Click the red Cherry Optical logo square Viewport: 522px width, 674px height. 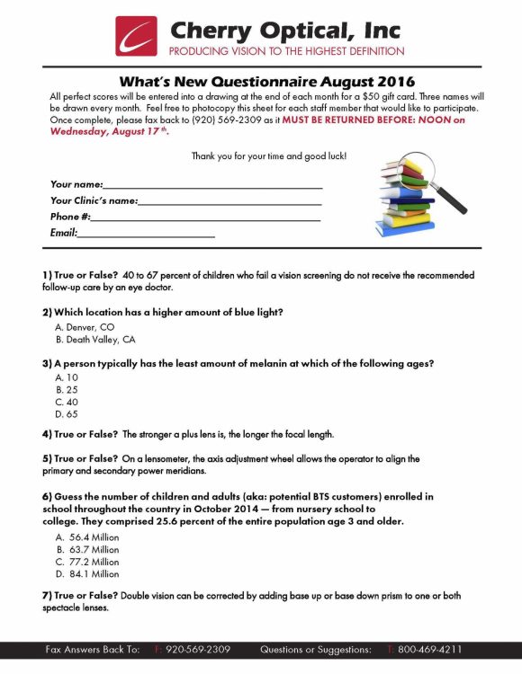click(x=136, y=36)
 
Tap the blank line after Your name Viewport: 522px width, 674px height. click(x=212, y=187)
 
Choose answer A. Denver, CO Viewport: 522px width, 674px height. click(x=85, y=327)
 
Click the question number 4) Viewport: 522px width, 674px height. click(x=46, y=434)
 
